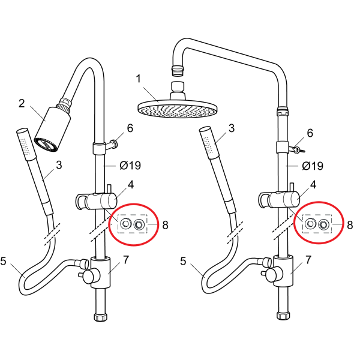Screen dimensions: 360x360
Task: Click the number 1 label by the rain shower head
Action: pos(138,79)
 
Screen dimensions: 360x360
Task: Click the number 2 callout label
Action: pos(22,103)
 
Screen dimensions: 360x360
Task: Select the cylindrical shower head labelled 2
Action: pos(52,128)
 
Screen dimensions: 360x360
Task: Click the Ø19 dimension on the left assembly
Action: pos(130,166)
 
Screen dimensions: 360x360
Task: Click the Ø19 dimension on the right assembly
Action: pos(313,166)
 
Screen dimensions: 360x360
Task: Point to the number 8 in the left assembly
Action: pos(166,225)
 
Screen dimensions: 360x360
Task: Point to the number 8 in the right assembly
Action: pos(350,225)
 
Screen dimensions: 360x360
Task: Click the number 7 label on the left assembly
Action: pos(126,260)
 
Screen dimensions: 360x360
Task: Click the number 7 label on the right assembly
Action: pos(308,260)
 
